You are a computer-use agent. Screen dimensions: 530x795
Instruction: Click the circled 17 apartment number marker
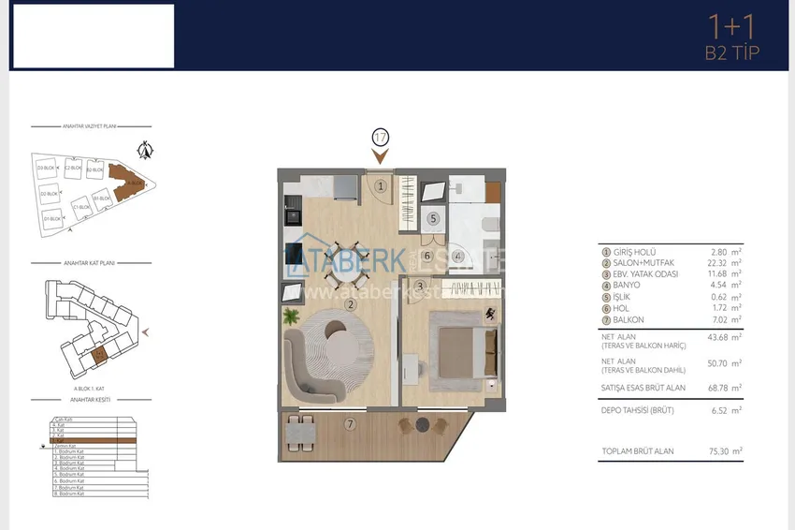pyautogui.click(x=380, y=137)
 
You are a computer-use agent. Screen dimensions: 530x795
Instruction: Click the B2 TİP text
pyautogui.click(x=731, y=52)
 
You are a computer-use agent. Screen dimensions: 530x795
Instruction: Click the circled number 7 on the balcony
pyautogui.click(x=350, y=424)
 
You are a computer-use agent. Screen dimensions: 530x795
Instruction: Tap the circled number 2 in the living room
pyautogui.click(x=349, y=303)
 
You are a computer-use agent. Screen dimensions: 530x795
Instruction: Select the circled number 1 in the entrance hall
pyautogui.click(x=381, y=186)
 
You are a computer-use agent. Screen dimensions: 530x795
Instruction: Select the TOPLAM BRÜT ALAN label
pyautogui.click(x=638, y=451)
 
